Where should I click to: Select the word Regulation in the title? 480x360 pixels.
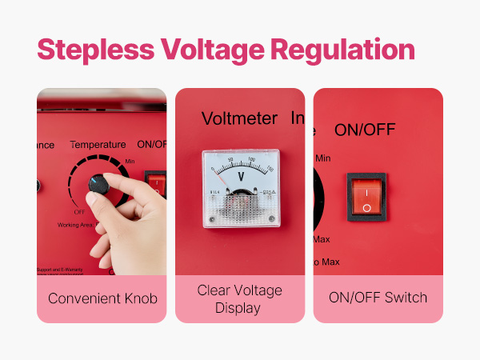[x=342, y=50]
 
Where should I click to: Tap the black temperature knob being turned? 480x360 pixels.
[x=98, y=184]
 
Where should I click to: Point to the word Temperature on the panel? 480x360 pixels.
[x=98, y=145]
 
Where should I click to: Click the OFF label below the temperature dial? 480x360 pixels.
[x=79, y=212]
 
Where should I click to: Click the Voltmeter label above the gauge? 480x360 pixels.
[x=239, y=119]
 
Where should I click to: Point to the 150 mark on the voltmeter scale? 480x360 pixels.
[x=270, y=169]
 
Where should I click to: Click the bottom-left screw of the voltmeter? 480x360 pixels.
[x=213, y=218]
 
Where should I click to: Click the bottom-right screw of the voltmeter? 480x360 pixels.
[x=271, y=218]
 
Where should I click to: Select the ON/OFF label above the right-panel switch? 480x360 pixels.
[x=365, y=129]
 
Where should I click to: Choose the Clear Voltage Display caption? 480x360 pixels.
[x=240, y=298]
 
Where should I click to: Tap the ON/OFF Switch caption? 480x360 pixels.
[x=378, y=298]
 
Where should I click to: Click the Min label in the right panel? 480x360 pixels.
[x=322, y=158]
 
